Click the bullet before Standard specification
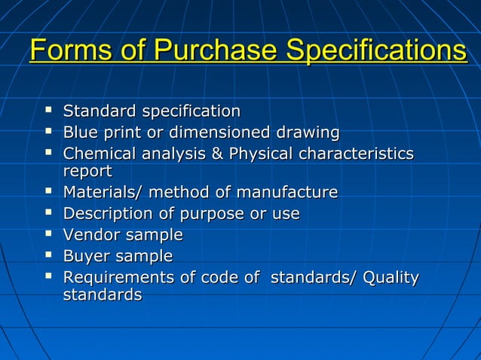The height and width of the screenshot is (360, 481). pyautogui.click(x=49, y=111)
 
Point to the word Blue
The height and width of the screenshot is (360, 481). pyautogui.click(x=81, y=133)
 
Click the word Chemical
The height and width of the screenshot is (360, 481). pyautogui.click(x=99, y=154)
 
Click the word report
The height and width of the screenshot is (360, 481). pyautogui.click(x=87, y=172)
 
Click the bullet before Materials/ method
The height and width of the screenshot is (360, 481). pyautogui.click(x=49, y=193)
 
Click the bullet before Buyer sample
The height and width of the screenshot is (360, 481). pyautogui.click(x=49, y=256)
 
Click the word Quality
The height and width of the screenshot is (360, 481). pyautogui.click(x=391, y=278)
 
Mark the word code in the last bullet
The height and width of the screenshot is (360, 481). pyautogui.click(x=219, y=278)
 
